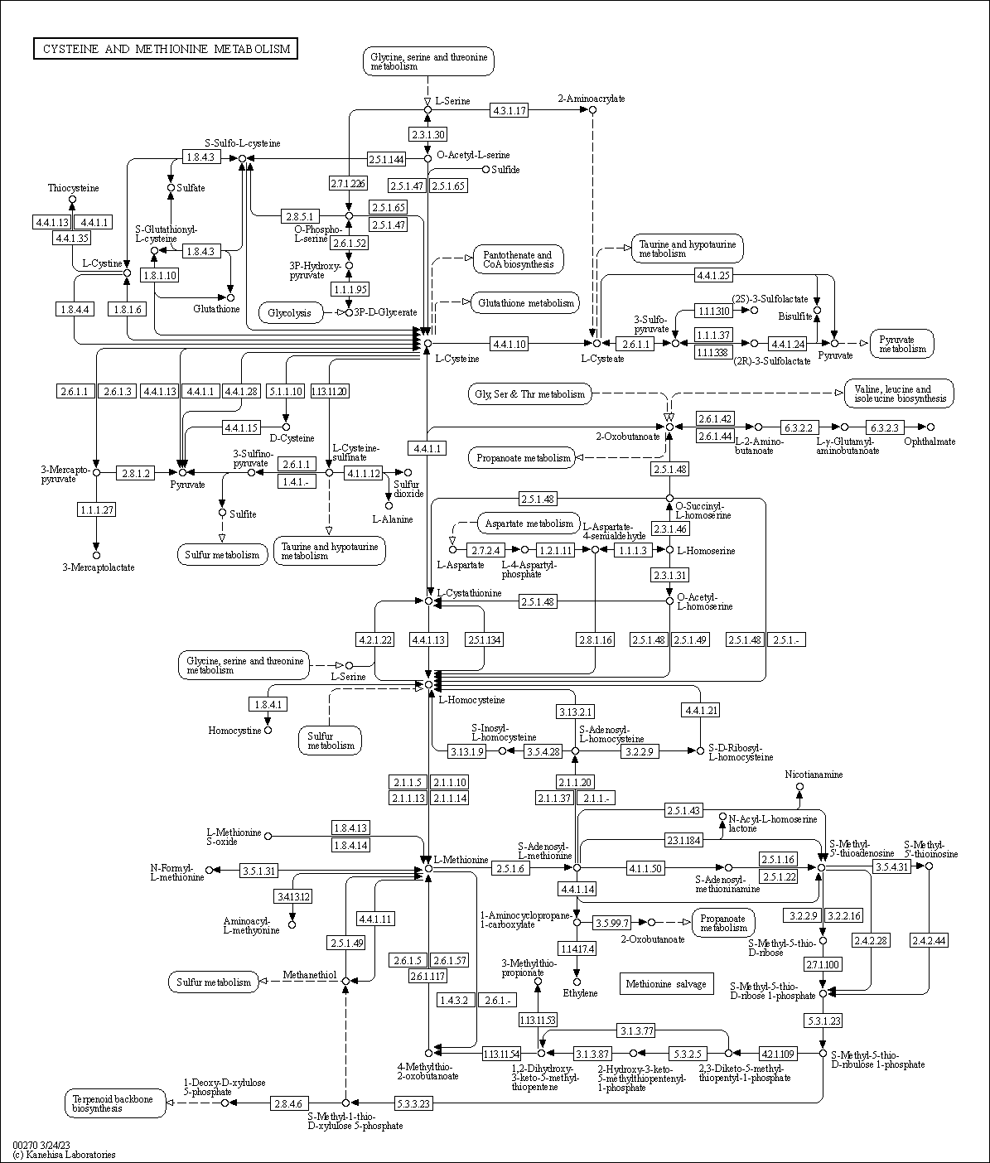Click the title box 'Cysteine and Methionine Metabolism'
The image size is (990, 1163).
click(166, 49)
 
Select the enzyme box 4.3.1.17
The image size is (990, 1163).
click(509, 110)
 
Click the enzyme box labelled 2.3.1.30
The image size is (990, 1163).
click(427, 134)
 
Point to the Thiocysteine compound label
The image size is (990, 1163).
click(73, 188)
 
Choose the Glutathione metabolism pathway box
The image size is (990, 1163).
click(525, 303)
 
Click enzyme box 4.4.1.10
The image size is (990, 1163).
click(509, 343)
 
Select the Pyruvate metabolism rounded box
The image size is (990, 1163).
click(902, 344)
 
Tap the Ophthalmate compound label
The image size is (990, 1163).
click(930, 442)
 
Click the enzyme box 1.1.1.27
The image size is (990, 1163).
click(96, 509)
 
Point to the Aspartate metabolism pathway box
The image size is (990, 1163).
click(529, 524)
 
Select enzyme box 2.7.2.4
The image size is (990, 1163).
click(487, 550)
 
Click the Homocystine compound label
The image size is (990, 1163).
click(234, 731)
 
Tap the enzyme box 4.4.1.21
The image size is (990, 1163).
click(701, 710)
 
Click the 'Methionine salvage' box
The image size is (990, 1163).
click(666, 984)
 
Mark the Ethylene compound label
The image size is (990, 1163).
click(580, 993)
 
